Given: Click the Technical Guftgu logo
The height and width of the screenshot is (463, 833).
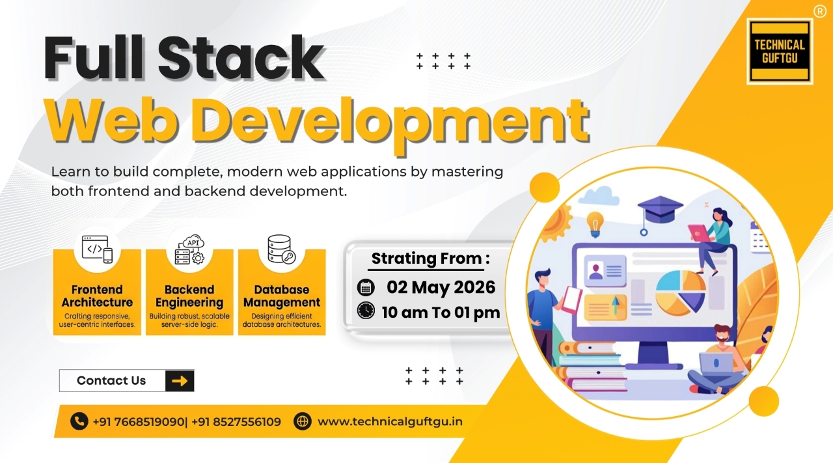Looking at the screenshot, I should [780, 51].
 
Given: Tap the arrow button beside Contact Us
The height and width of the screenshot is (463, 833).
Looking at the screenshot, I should [180, 381].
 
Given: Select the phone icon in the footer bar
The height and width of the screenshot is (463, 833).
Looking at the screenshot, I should [79, 421].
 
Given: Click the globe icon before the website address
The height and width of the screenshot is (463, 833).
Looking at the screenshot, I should [303, 421].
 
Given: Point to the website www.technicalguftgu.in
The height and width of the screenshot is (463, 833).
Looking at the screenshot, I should [390, 421].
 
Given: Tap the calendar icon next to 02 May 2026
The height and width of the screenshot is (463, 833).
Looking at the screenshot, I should [366, 287].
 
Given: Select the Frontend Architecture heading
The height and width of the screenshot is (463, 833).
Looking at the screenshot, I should [97, 296].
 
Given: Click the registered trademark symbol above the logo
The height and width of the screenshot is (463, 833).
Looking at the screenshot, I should [819, 10].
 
